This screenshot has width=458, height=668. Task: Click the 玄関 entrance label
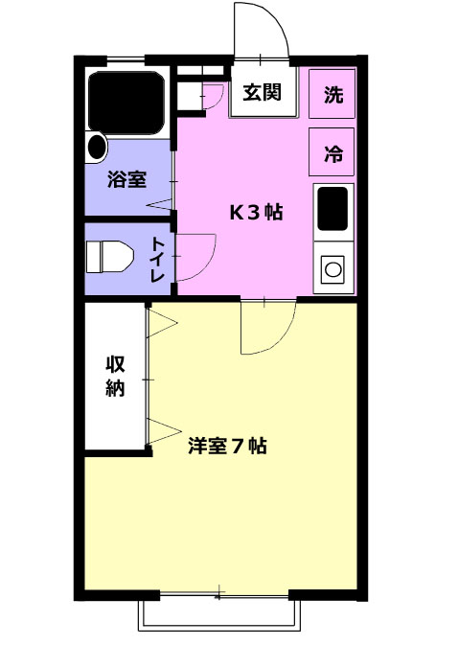[263, 92]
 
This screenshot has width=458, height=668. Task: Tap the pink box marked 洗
[332, 94]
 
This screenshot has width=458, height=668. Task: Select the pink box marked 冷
[332, 152]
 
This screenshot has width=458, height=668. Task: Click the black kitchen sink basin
[332, 208]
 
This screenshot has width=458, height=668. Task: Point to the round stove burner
[332, 269]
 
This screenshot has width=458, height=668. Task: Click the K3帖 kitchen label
[257, 212]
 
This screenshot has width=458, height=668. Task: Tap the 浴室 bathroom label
[127, 179]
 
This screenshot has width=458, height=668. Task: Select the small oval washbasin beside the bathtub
[97, 147]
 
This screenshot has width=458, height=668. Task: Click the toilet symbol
[110, 257]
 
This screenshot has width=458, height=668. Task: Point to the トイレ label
[158, 261]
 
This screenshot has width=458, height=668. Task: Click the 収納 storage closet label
[115, 377]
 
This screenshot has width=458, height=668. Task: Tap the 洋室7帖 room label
[227, 446]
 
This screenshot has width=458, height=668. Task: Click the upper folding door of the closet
[162, 323]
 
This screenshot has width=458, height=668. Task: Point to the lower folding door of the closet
[163, 431]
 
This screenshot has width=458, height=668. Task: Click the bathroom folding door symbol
[159, 204]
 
